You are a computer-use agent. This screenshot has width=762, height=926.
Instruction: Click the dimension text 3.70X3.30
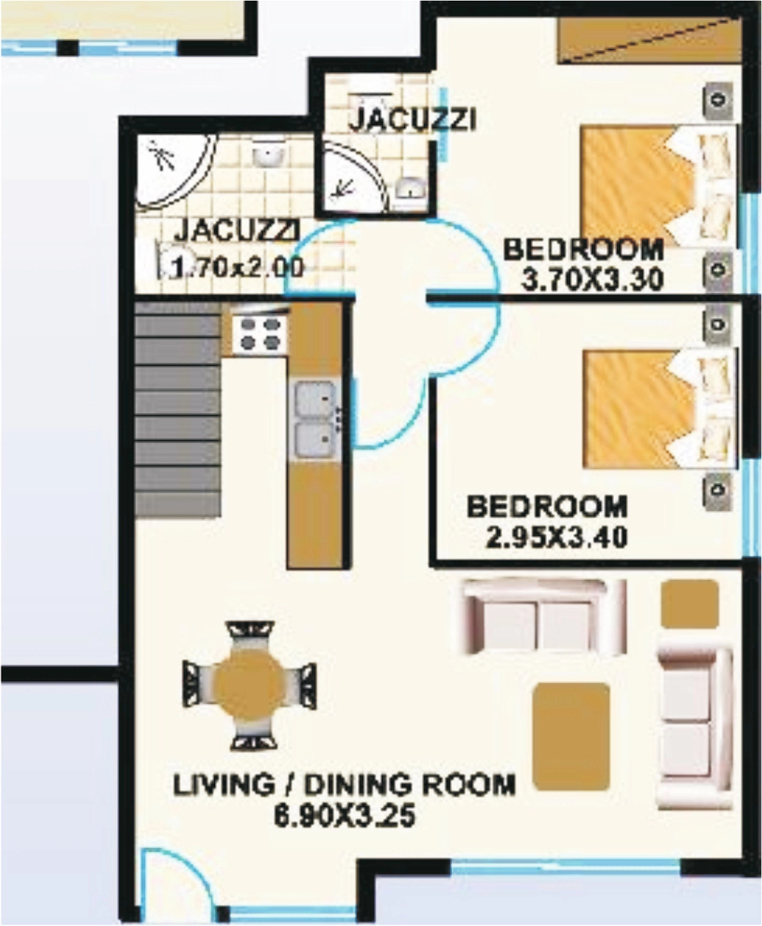pyautogui.click(x=592, y=279)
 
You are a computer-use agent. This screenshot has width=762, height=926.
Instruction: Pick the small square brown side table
pyautogui.click(x=689, y=604)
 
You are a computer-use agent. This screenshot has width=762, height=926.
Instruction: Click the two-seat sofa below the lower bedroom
pyautogui.click(x=544, y=616)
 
